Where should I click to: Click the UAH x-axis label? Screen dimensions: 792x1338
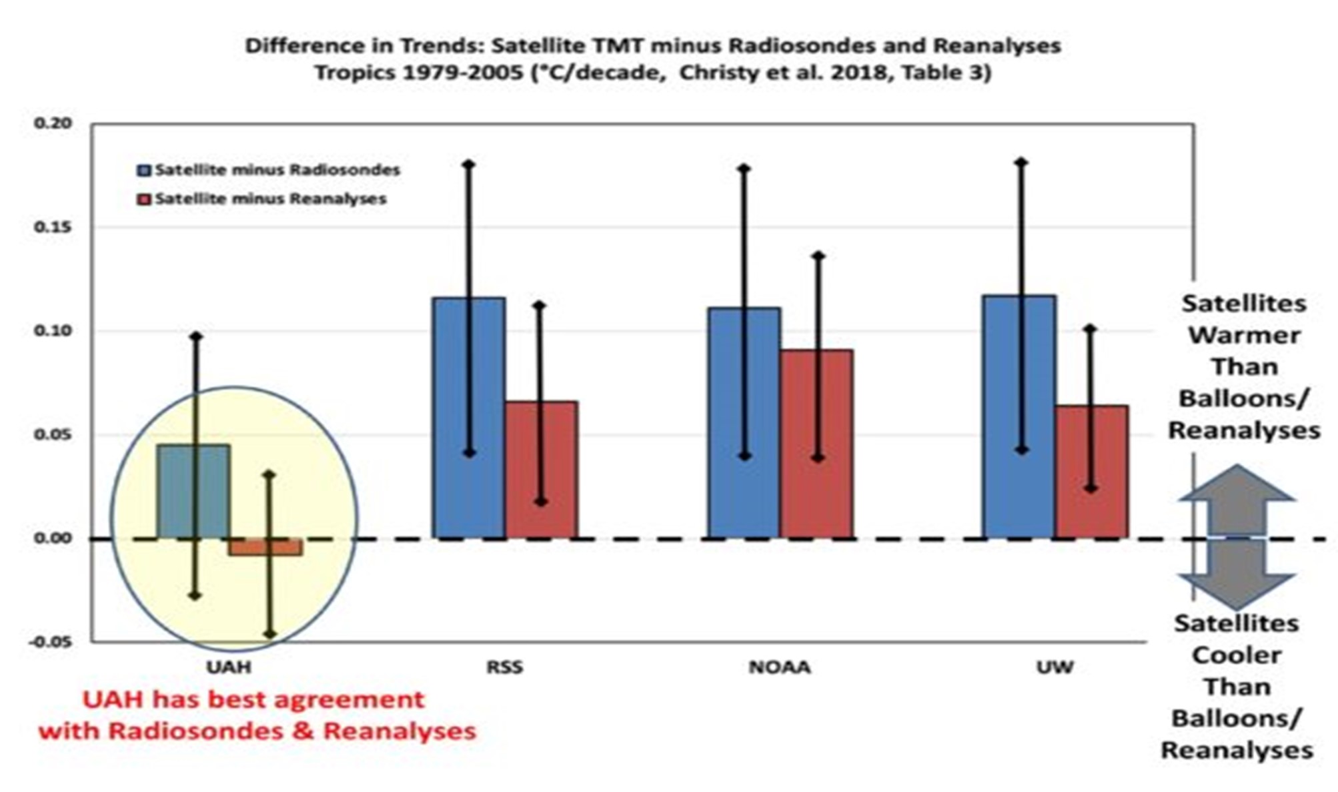tap(229, 667)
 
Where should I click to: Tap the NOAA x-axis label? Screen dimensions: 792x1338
tap(780, 667)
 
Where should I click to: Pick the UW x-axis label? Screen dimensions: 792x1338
tap(1055, 667)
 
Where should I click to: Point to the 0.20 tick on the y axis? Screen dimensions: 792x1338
tap(52, 123)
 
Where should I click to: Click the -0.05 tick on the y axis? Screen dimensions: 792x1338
tap(50, 642)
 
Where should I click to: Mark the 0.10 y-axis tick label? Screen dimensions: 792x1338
tap(52, 331)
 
